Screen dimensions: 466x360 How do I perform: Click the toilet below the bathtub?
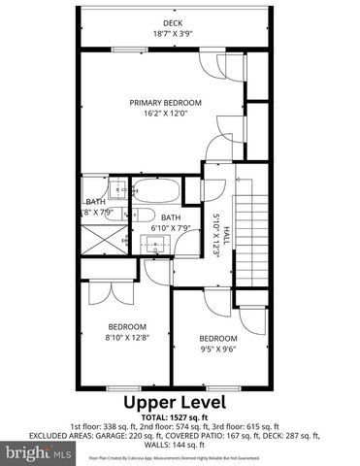tap(138, 216)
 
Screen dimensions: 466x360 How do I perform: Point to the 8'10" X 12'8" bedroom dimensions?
tap(127, 337)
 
